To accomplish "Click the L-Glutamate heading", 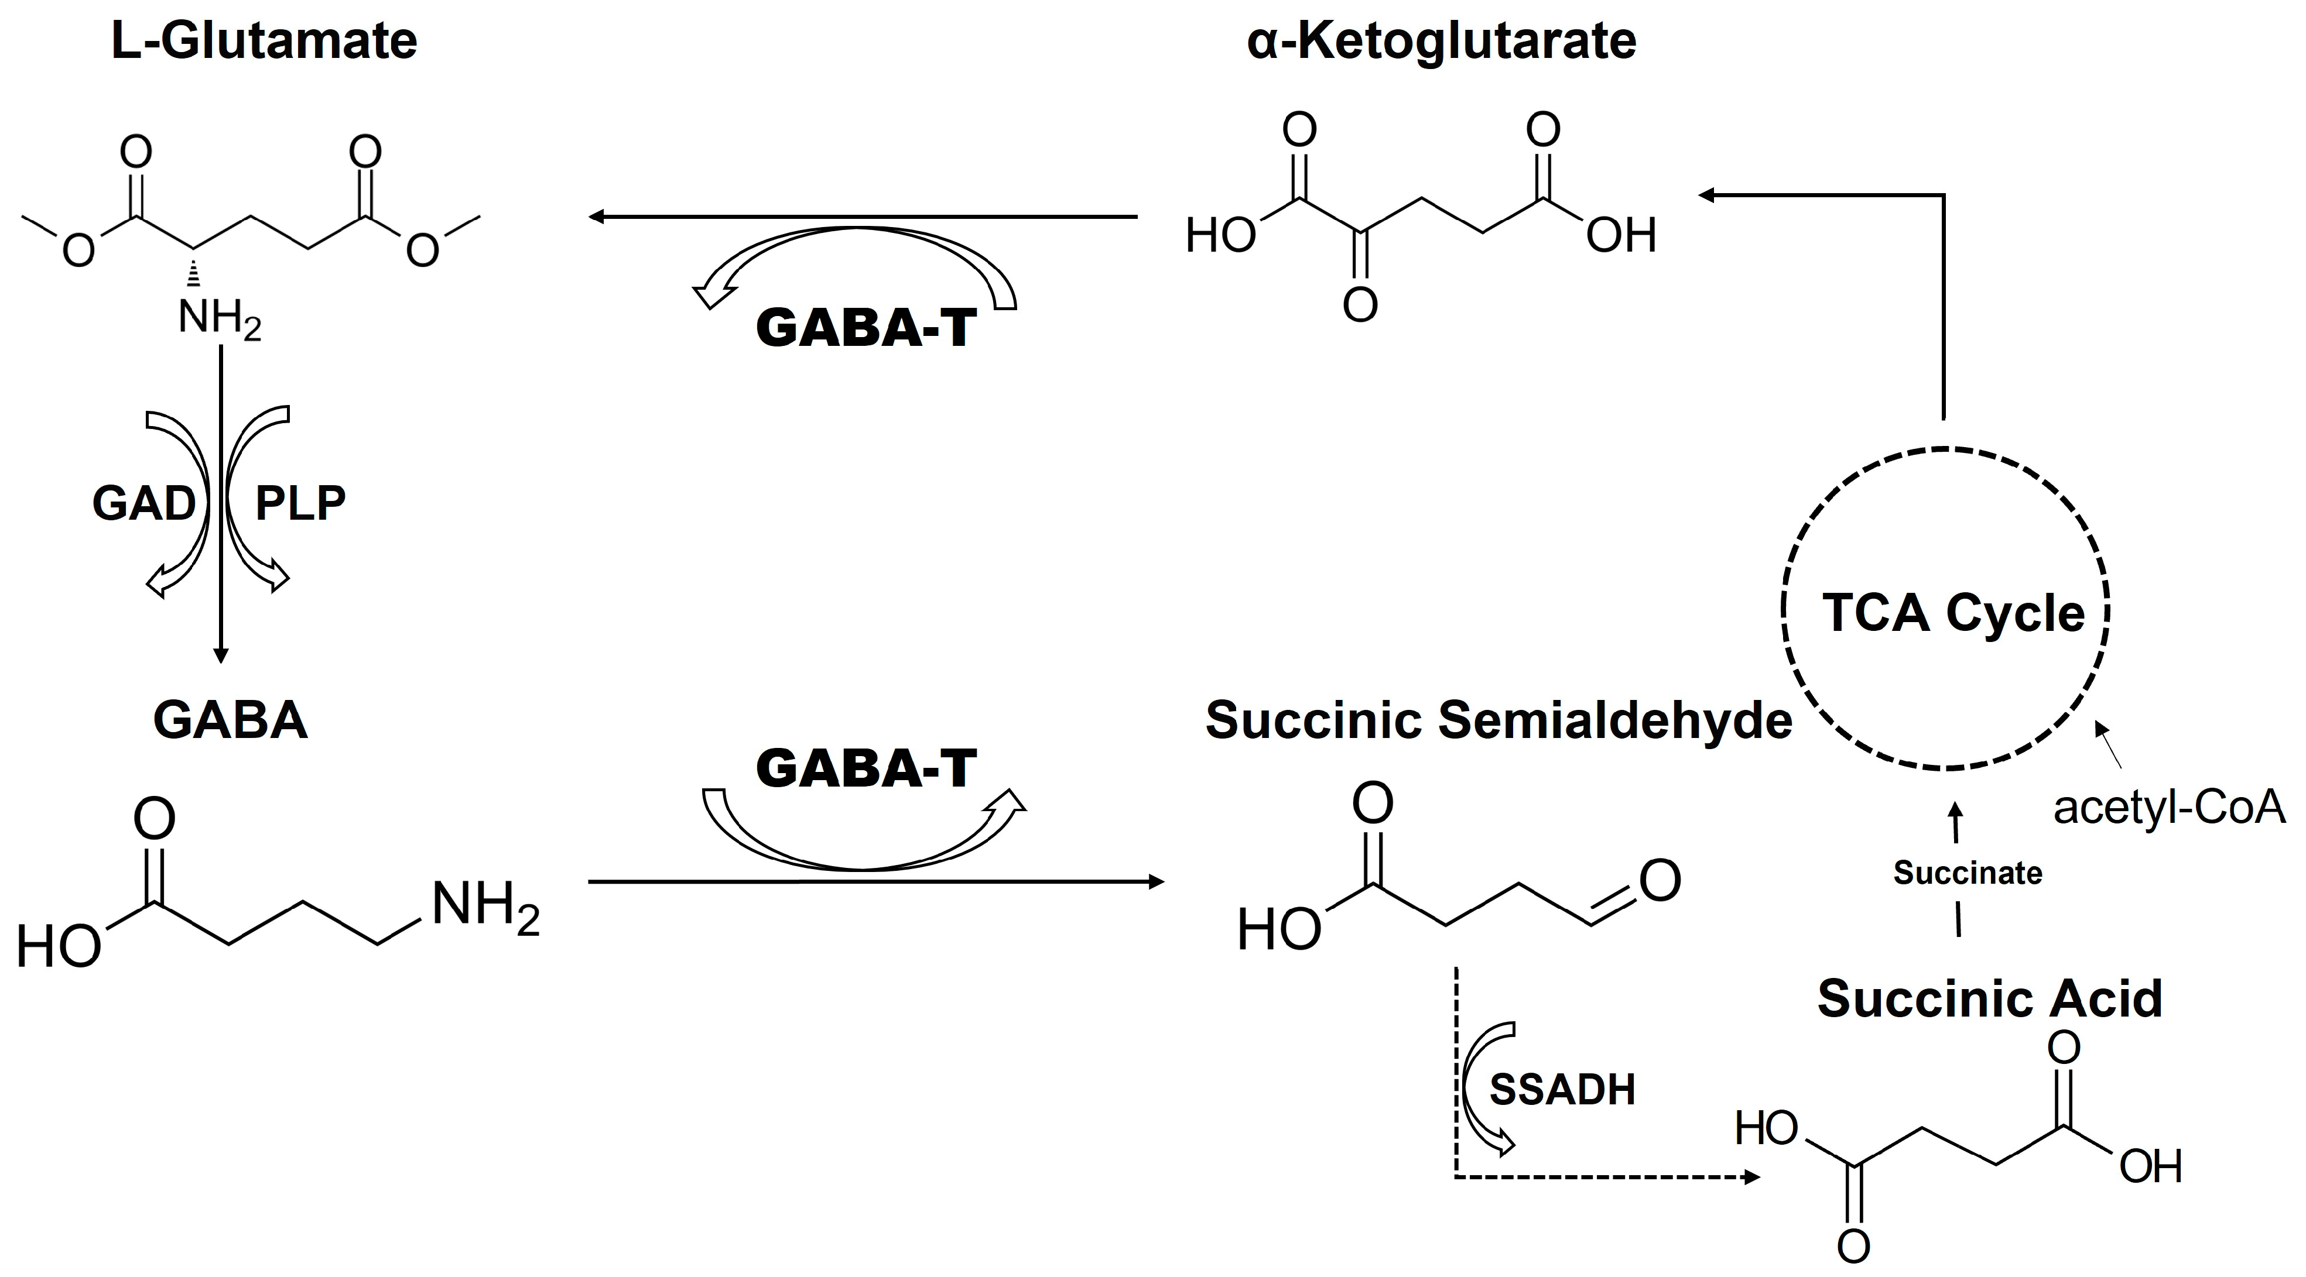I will [x=264, y=41].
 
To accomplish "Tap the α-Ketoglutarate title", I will [x=1441, y=41].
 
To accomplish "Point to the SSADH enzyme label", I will [x=1562, y=1089].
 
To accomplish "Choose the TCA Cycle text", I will [x=1953, y=614].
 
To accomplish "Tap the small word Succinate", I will [x=1968, y=873].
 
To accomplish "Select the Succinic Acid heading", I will [x=1989, y=998].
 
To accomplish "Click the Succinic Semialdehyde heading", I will [x=1498, y=720].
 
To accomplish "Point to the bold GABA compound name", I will [x=230, y=720].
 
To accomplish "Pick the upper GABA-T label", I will [x=865, y=328].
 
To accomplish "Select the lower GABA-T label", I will [x=865, y=768].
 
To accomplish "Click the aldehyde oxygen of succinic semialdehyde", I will [x=1660, y=881].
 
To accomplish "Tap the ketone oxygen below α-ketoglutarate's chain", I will [x=1360, y=305].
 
